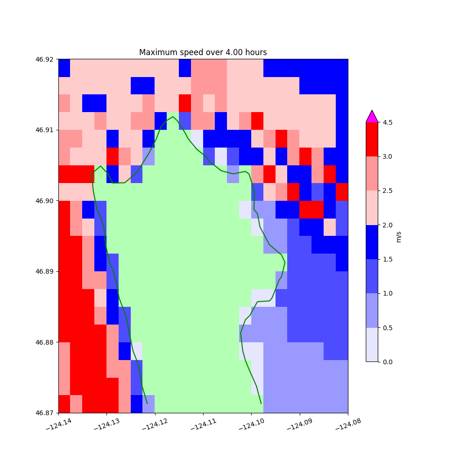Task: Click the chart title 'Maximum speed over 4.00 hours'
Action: point(203,52)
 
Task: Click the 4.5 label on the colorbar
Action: point(388,122)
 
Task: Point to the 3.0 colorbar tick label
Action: point(388,156)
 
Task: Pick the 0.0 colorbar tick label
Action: point(388,362)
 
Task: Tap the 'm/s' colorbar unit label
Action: point(399,237)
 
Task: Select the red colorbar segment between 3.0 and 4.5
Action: point(372,139)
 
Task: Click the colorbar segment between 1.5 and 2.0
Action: point(372,242)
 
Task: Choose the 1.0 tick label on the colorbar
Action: point(388,293)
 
